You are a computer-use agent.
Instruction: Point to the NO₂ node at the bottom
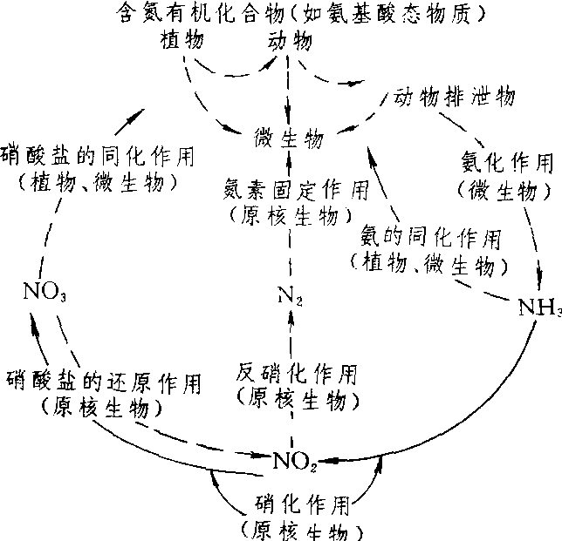(x=295, y=459)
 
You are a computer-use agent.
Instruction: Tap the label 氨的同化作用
(x=431, y=236)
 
